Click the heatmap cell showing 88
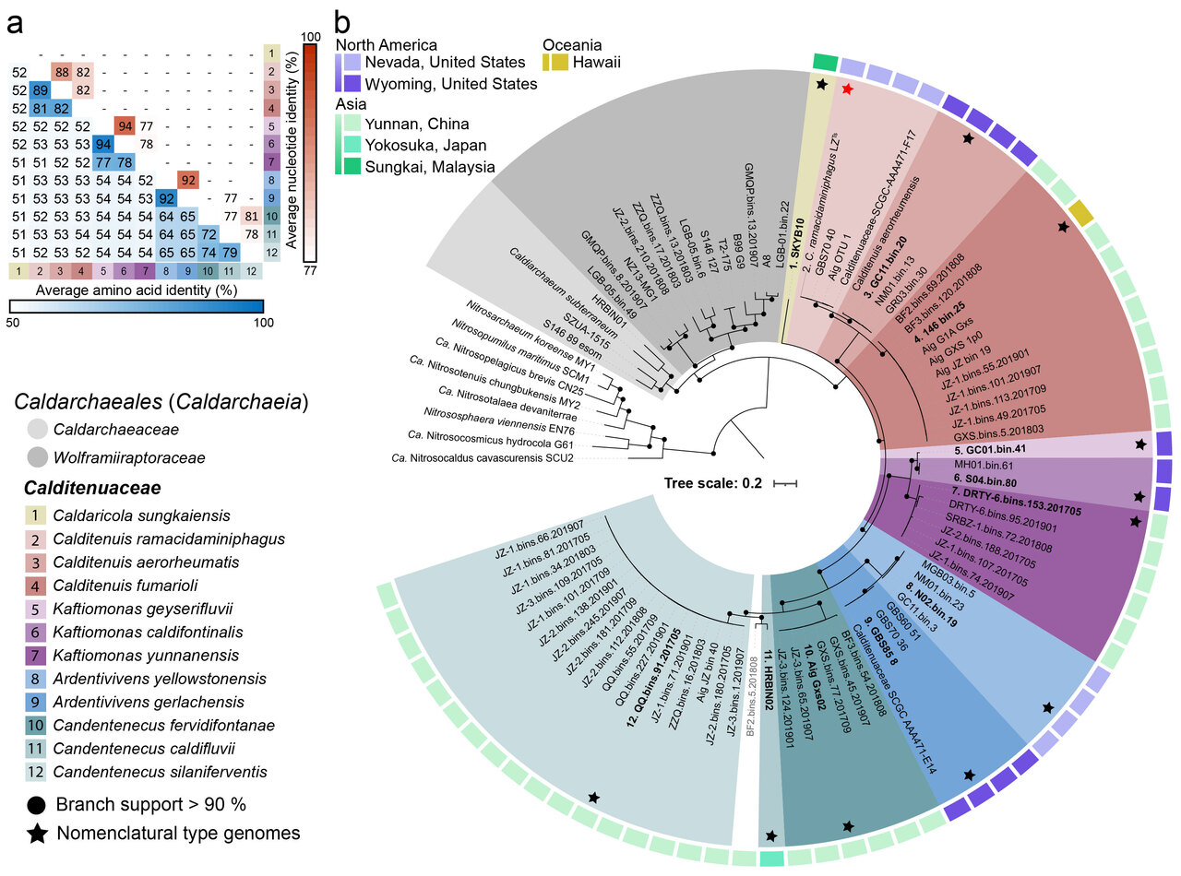click(62, 71)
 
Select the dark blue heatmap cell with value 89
click(40, 90)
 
